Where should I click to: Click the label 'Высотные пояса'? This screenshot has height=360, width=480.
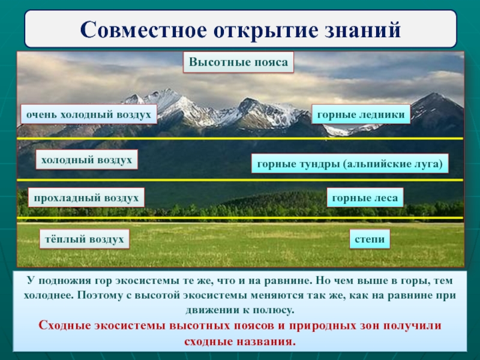pos(239,62)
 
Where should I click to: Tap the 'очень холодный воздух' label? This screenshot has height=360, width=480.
pos(89,114)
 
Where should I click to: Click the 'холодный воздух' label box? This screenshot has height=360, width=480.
pos(87,160)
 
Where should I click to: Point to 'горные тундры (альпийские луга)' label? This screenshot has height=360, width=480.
pos(349,163)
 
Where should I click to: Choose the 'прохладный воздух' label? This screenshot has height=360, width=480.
pos(87,197)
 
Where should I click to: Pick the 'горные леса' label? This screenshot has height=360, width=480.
pos(365,197)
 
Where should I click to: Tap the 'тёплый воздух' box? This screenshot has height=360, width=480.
pos(85,239)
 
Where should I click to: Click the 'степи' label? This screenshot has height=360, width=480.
pos(370,239)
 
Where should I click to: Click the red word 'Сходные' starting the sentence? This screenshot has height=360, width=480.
pos(62,326)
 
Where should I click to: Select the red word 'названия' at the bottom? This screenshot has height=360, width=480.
pos(269,341)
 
